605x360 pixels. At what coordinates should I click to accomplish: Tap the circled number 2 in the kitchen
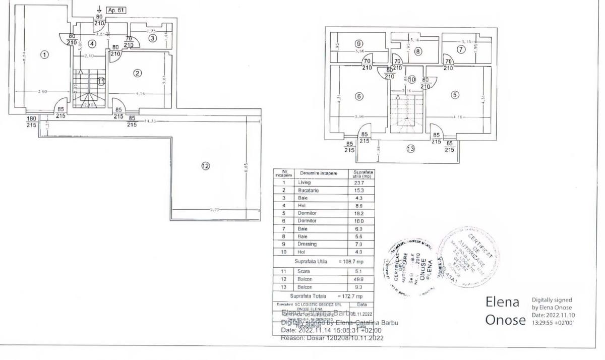137,73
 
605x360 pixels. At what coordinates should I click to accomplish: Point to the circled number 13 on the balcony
411,148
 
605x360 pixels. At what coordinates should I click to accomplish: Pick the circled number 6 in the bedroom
359,96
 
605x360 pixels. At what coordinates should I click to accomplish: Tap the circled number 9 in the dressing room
358,43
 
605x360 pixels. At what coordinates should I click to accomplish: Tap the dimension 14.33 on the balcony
148,121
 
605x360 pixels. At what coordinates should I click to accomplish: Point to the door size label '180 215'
32,122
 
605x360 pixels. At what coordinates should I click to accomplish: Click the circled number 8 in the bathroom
418,50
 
